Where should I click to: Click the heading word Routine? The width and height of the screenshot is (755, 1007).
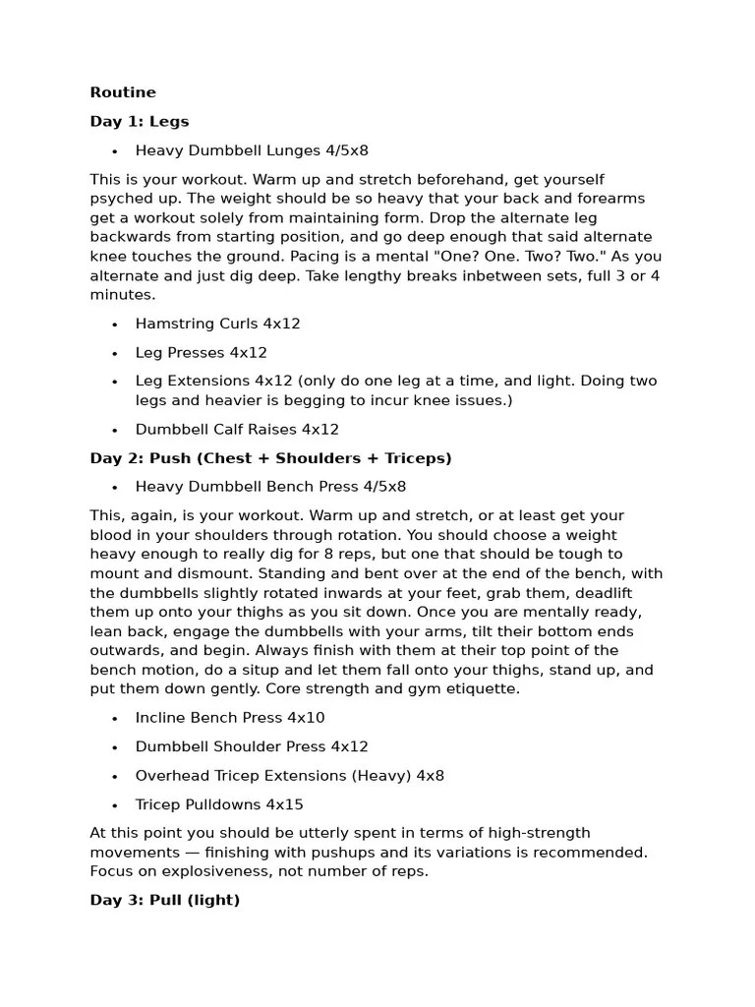pyautogui.click(x=123, y=92)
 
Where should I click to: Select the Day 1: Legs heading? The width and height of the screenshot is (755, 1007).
pyautogui.click(x=140, y=122)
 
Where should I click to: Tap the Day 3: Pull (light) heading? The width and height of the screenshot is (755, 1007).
pyautogui.click(x=165, y=900)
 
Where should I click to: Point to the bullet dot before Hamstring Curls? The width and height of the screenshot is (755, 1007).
pyautogui.click(x=115, y=325)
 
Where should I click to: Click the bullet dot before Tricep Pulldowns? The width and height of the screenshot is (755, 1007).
pyautogui.click(x=115, y=805)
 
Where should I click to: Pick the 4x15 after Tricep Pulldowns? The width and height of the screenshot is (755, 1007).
pyautogui.click(x=284, y=804)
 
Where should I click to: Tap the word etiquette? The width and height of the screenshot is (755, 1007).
pyautogui.click(x=477, y=688)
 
